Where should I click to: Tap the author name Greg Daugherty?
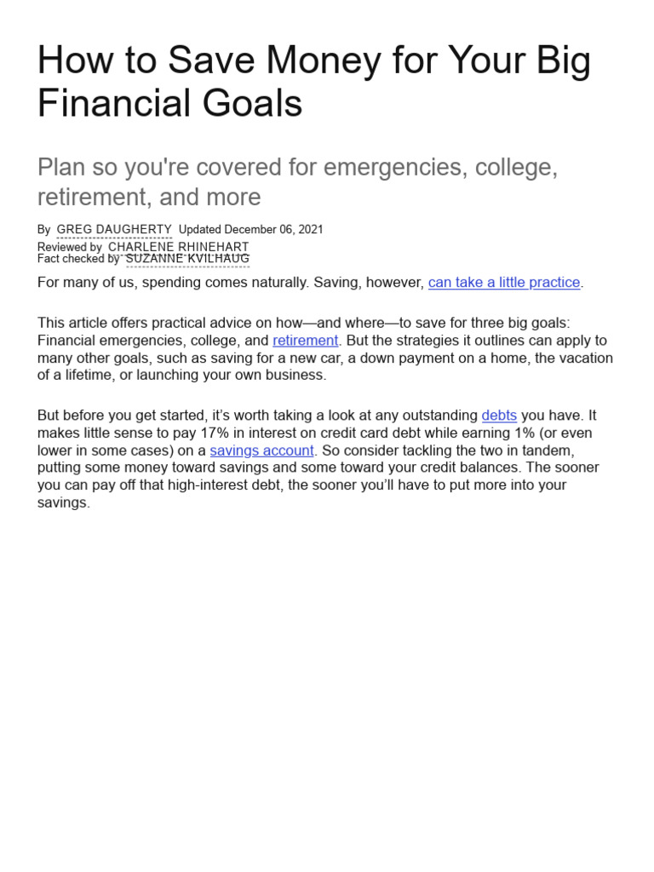[x=114, y=230]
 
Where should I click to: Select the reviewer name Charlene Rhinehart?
[x=179, y=247]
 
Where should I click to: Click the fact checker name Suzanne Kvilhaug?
[x=187, y=259]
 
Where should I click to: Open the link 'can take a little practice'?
[x=504, y=282]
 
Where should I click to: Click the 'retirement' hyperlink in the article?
[x=306, y=341]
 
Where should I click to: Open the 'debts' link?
[x=499, y=416]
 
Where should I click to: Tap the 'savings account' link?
[x=262, y=450]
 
